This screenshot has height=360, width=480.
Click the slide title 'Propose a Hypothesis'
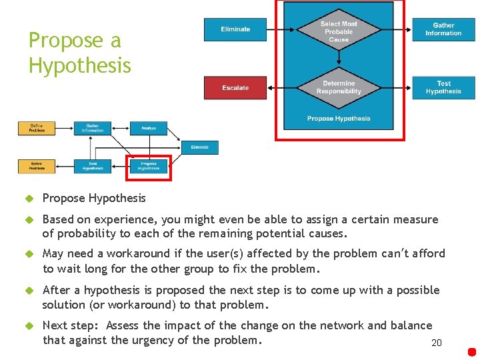[x=79, y=53]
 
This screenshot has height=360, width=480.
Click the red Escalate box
[x=235, y=88]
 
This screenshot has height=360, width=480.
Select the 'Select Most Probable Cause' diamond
[x=339, y=32]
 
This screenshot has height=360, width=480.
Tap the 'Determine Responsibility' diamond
[x=339, y=87]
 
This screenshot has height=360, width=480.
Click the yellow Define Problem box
[x=37, y=128]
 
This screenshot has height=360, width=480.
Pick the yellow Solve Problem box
[x=37, y=166]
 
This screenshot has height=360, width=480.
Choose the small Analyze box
[x=149, y=128]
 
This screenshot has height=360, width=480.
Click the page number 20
[x=437, y=343]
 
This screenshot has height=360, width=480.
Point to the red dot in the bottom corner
[x=472, y=351]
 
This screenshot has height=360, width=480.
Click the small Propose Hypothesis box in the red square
[x=149, y=166]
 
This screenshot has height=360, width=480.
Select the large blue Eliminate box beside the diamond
[x=235, y=29]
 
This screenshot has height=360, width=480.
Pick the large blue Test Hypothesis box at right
[x=443, y=87]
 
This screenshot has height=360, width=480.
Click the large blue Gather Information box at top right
[x=443, y=29]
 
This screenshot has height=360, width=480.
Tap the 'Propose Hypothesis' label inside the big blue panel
[x=339, y=119]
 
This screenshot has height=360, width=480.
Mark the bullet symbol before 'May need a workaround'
[x=29, y=254]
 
